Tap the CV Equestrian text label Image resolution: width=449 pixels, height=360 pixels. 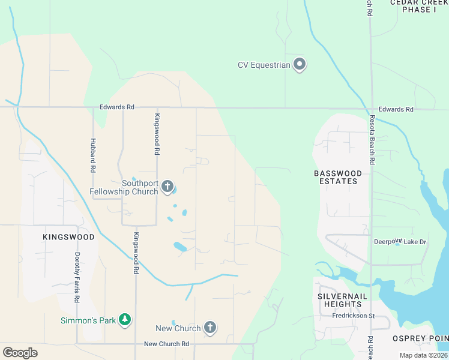click(x=264, y=65)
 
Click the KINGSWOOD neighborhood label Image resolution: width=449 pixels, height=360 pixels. click(x=68, y=237)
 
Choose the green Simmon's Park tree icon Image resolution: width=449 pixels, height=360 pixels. click(x=125, y=320)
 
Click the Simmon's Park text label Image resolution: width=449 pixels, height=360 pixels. click(x=88, y=320)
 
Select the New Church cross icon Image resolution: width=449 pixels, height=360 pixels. click(x=209, y=328)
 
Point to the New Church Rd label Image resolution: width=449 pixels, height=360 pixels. click(x=167, y=344)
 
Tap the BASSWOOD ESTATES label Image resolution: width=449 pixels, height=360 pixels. click(x=338, y=177)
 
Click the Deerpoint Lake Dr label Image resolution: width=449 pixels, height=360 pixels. click(x=400, y=242)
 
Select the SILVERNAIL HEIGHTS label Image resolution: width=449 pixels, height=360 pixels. click(x=339, y=301)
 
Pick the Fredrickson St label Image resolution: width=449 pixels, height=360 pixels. click(x=354, y=316)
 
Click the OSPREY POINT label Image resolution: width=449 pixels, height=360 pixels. click(x=420, y=338)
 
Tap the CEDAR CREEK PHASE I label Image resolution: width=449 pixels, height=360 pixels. click(x=419, y=6)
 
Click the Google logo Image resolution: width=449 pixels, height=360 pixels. click(x=20, y=352)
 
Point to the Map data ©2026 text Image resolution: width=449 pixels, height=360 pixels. click(x=424, y=355)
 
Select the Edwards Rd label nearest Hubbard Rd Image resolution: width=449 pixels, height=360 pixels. click(x=117, y=107)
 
